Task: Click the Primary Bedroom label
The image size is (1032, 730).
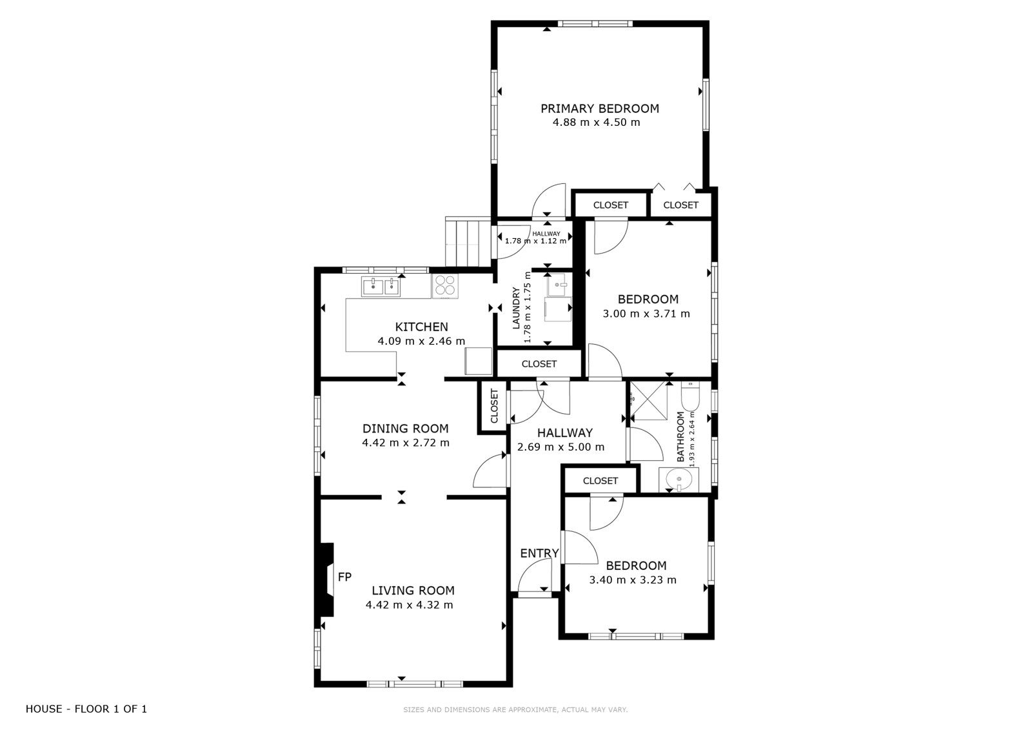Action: pyautogui.click(x=599, y=108)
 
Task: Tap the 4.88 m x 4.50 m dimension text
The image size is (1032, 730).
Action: pyautogui.click(x=596, y=122)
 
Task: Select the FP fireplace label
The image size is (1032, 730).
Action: pyautogui.click(x=344, y=576)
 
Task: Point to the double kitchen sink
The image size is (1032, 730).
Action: pyautogui.click(x=381, y=287)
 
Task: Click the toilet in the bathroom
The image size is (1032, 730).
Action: pyautogui.click(x=690, y=396)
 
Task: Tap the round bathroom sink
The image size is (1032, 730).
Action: pyautogui.click(x=679, y=480)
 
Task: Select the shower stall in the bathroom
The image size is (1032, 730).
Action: pyautogui.click(x=649, y=401)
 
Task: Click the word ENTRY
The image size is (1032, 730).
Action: pyautogui.click(x=539, y=553)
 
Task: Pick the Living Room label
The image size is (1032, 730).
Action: pyautogui.click(x=413, y=591)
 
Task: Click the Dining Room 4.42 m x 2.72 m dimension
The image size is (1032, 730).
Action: pyautogui.click(x=406, y=443)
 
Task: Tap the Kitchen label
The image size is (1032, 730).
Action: pyautogui.click(x=422, y=327)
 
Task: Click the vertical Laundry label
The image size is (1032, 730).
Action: pyautogui.click(x=516, y=308)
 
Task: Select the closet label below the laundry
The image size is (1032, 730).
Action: pyautogui.click(x=539, y=364)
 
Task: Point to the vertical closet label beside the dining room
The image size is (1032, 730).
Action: pyautogui.click(x=494, y=406)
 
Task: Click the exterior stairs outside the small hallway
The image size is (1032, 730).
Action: pyautogui.click(x=468, y=241)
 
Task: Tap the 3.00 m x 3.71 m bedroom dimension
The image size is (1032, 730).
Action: pyautogui.click(x=646, y=314)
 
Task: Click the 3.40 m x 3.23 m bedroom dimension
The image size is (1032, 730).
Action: pyautogui.click(x=633, y=580)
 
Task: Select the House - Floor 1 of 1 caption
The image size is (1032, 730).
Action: pyautogui.click(x=86, y=709)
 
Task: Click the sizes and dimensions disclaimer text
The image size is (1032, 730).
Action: pyautogui.click(x=515, y=710)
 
